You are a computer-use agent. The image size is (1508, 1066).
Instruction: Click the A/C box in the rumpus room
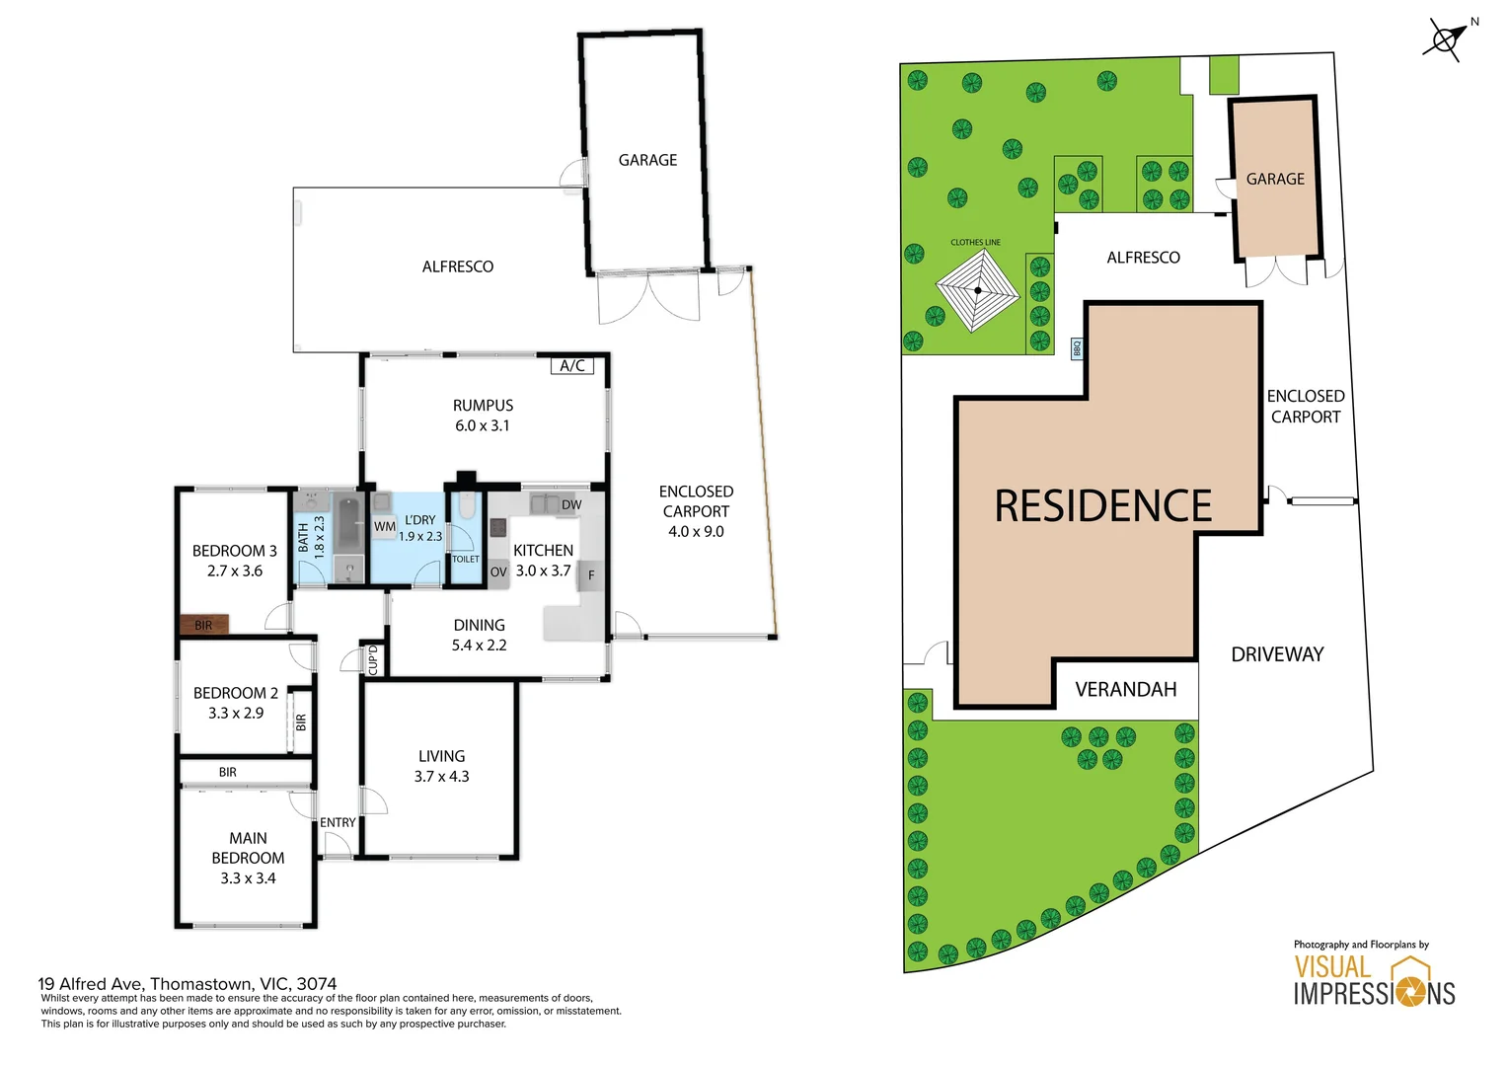(x=572, y=365)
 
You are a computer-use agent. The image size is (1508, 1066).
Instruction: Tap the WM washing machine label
(x=385, y=527)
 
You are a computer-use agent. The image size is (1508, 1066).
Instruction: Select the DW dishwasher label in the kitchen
(x=570, y=505)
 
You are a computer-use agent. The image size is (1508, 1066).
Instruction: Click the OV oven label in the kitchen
(x=498, y=572)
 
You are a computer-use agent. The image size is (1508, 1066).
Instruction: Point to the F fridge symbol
(x=591, y=575)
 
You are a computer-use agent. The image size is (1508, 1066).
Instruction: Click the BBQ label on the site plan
(x=1077, y=348)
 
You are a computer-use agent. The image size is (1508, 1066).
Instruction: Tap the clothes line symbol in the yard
(x=977, y=290)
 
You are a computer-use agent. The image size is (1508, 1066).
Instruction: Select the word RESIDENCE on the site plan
(x=1102, y=505)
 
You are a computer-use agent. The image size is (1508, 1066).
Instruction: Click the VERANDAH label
(x=1126, y=690)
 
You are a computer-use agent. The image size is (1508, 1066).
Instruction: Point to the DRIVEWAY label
(x=1277, y=654)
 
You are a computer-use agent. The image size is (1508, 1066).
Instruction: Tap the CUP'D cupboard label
(x=374, y=660)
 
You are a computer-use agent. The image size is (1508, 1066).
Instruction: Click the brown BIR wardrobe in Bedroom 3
(x=204, y=624)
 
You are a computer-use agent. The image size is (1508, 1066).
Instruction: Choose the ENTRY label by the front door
(x=338, y=822)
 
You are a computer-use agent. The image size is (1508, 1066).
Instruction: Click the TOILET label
(x=465, y=559)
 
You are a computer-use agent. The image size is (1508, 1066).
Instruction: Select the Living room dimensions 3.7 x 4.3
(x=441, y=777)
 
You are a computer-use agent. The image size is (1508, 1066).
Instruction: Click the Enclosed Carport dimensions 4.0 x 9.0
(x=696, y=531)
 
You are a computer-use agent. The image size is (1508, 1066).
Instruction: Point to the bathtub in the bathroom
(x=348, y=524)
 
